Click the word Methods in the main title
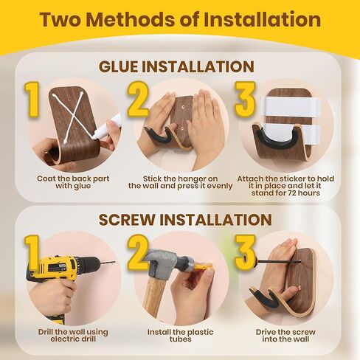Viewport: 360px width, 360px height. (x=131, y=19)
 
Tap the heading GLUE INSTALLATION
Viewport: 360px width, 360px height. (x=176, y=66)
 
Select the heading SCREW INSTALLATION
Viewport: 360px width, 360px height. (x=185, y=220)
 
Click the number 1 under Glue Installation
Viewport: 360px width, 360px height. (x=32, y=100)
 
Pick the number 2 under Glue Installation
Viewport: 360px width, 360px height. (x=138, y=100)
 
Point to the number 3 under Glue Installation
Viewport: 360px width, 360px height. (x=246, y=100)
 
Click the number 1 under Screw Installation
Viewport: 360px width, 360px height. (x=32, y=252)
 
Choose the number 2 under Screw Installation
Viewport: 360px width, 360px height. (x=138, y=252)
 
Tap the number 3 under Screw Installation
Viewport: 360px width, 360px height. (x=246, y=252)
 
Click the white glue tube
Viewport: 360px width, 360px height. (x=108, y=127)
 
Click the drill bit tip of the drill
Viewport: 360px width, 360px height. (x=114, y=262)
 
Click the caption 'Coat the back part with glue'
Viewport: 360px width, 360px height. (x=73, y=182)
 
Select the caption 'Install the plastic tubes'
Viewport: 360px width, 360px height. (x=180, y=336)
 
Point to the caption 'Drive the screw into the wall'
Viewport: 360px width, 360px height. (x=285, y=336)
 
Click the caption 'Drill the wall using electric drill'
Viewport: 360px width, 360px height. (x=73, y=336)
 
